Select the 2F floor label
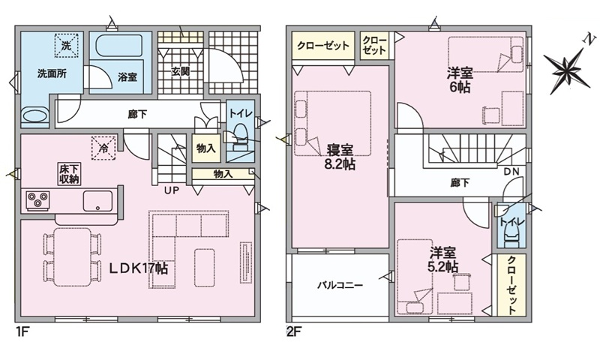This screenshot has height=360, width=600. [x=294, y=331]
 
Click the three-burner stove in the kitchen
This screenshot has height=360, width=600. [x=37, y=200]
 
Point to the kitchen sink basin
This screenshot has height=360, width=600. [x=97, y=201]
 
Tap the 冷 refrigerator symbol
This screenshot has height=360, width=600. [x=103, y=148]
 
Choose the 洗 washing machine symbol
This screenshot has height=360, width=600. [x=66, y=46]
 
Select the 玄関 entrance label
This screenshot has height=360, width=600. [x=180, y=71]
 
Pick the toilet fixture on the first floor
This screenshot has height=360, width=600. [x=240, y=137]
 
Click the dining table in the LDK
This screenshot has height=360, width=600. [x=72, y=256]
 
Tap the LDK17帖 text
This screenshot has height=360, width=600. [x=139, y=268]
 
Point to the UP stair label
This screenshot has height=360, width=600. [x=172, y=190]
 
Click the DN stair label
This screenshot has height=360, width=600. [x=511, y=172]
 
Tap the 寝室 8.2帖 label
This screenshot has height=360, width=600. [x=340, y=157]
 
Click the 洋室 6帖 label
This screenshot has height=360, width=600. [x=460, y=80]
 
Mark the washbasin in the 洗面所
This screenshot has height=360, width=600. [x=34, y=115]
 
